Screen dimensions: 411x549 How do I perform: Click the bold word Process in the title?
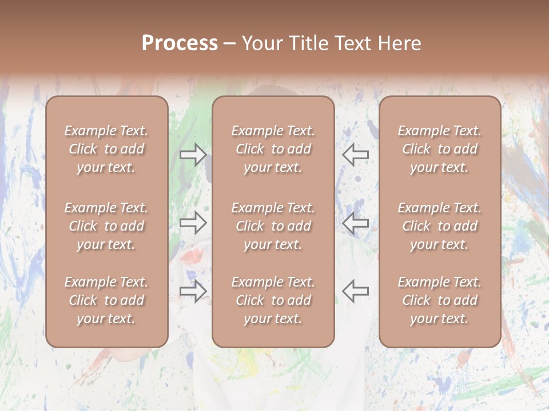pos(180,43)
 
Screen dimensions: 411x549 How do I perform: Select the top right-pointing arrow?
pos(193,154)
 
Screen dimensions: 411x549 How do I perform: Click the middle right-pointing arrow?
pos(193,223)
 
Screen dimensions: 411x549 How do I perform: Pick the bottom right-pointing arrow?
pos(193,291)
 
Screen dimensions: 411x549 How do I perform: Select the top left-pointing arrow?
pos(356,154)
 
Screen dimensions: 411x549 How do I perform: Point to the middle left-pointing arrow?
pos(356,223)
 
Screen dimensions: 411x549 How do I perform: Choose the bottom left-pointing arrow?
pos(356,291)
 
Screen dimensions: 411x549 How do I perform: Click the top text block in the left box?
pos(106,149)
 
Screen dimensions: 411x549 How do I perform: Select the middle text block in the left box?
pos(106,226)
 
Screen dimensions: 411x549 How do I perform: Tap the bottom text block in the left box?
pos(106,300)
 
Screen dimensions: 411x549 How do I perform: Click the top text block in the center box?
pos(273,149)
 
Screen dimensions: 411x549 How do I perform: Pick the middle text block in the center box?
pos(273,226)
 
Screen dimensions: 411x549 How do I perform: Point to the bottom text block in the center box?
pos(273,300)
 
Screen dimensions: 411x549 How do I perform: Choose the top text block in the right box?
pos(439,149)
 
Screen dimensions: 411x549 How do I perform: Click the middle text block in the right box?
pos(439,226)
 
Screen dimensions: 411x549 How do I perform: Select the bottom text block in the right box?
pos(439,300)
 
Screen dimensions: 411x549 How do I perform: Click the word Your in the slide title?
pos(262,43)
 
